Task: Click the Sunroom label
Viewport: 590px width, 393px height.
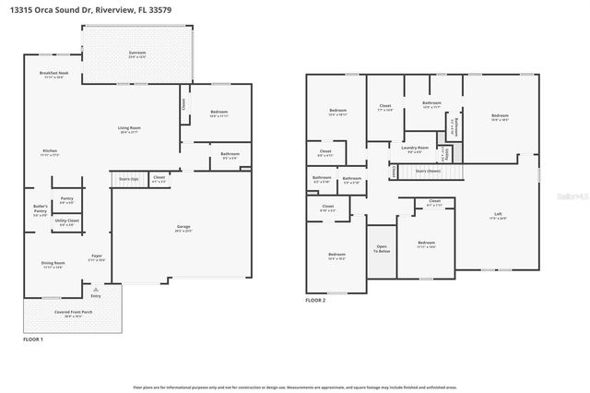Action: (x=137, y=54)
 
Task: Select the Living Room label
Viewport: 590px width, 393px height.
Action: (x=128, y=129)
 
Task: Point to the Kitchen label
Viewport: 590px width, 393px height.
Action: (x=50, y=152)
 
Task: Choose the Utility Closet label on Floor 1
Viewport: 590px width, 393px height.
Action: (x=66, y=222)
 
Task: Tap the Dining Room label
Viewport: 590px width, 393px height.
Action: (x=53, y=265)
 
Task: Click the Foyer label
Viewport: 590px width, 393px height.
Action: (x=96, y=257)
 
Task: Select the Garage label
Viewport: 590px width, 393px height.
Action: (x=183, y=228)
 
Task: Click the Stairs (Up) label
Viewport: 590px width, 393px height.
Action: (x=128, y=178)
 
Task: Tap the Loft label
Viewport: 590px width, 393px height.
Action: (x=498, y=215)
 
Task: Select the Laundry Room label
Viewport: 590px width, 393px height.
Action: (x=415, y=149)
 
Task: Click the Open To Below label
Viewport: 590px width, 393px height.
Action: (x=381, y=248)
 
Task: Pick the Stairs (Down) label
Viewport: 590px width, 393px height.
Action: (x=427, y=172)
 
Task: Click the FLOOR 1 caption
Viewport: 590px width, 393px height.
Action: (x=34, y=340)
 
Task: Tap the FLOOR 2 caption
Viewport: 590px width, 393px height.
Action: (x=316, y=301)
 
